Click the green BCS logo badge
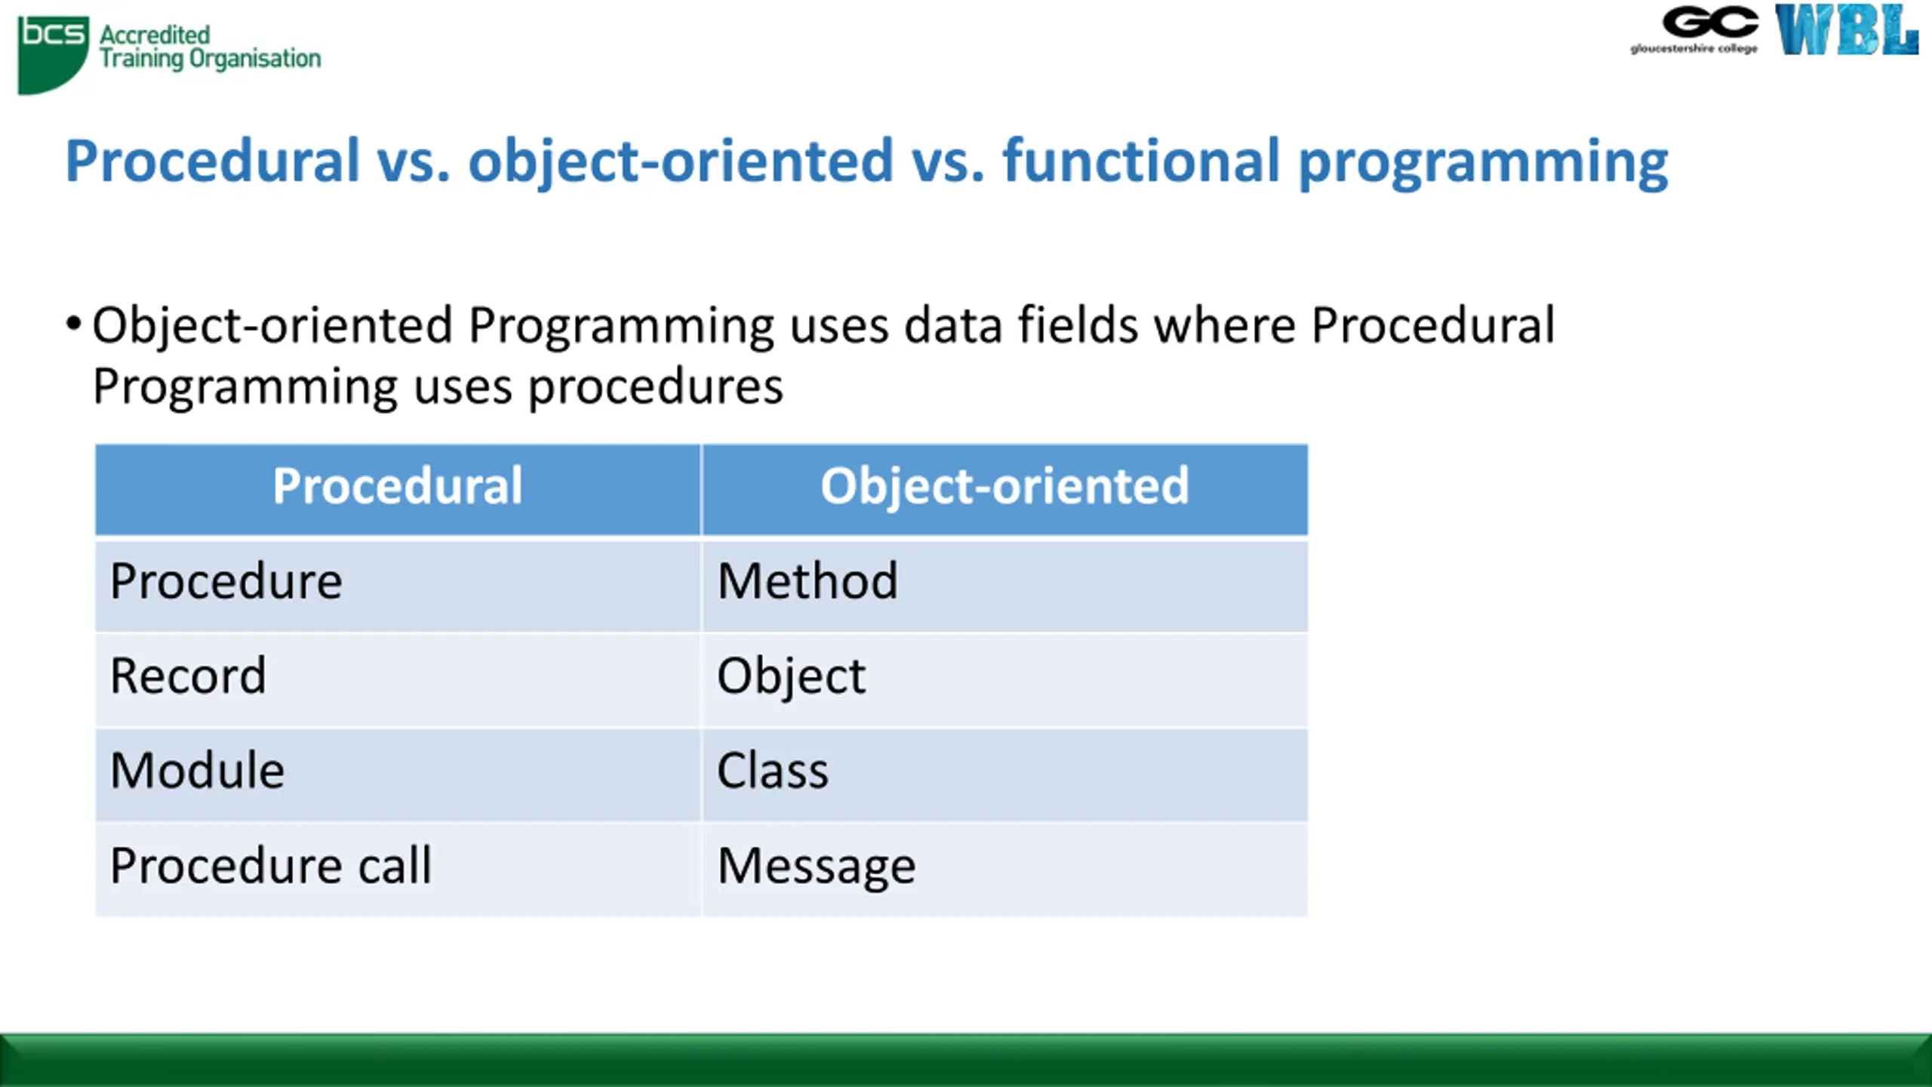(53, 54)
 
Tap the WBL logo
(1846, 30)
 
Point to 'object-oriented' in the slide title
(681, 162)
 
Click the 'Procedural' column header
(398, 488)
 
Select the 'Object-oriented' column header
(1005, 488)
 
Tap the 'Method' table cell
(1005, 584)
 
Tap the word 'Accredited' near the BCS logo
(155, 35)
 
